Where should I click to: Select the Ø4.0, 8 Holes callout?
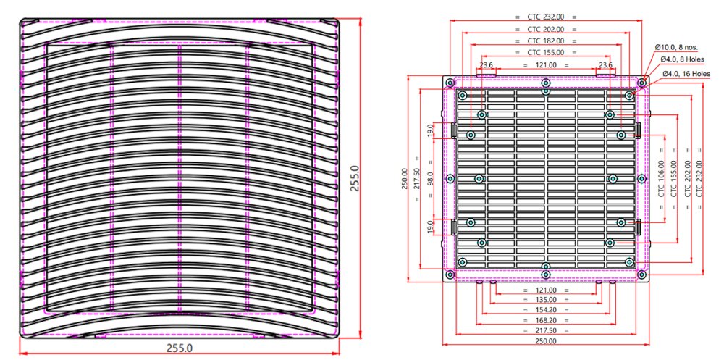point(682,60)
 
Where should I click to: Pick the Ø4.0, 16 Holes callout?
point(684,73)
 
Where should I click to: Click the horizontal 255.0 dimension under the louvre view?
point(180,348)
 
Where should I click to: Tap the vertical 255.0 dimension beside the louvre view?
point(355,178)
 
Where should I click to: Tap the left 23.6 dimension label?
point(486,65)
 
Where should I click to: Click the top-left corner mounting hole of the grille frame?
point(450,82)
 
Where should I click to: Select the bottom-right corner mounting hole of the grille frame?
point(641,275)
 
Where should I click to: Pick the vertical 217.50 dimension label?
point(416,178)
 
